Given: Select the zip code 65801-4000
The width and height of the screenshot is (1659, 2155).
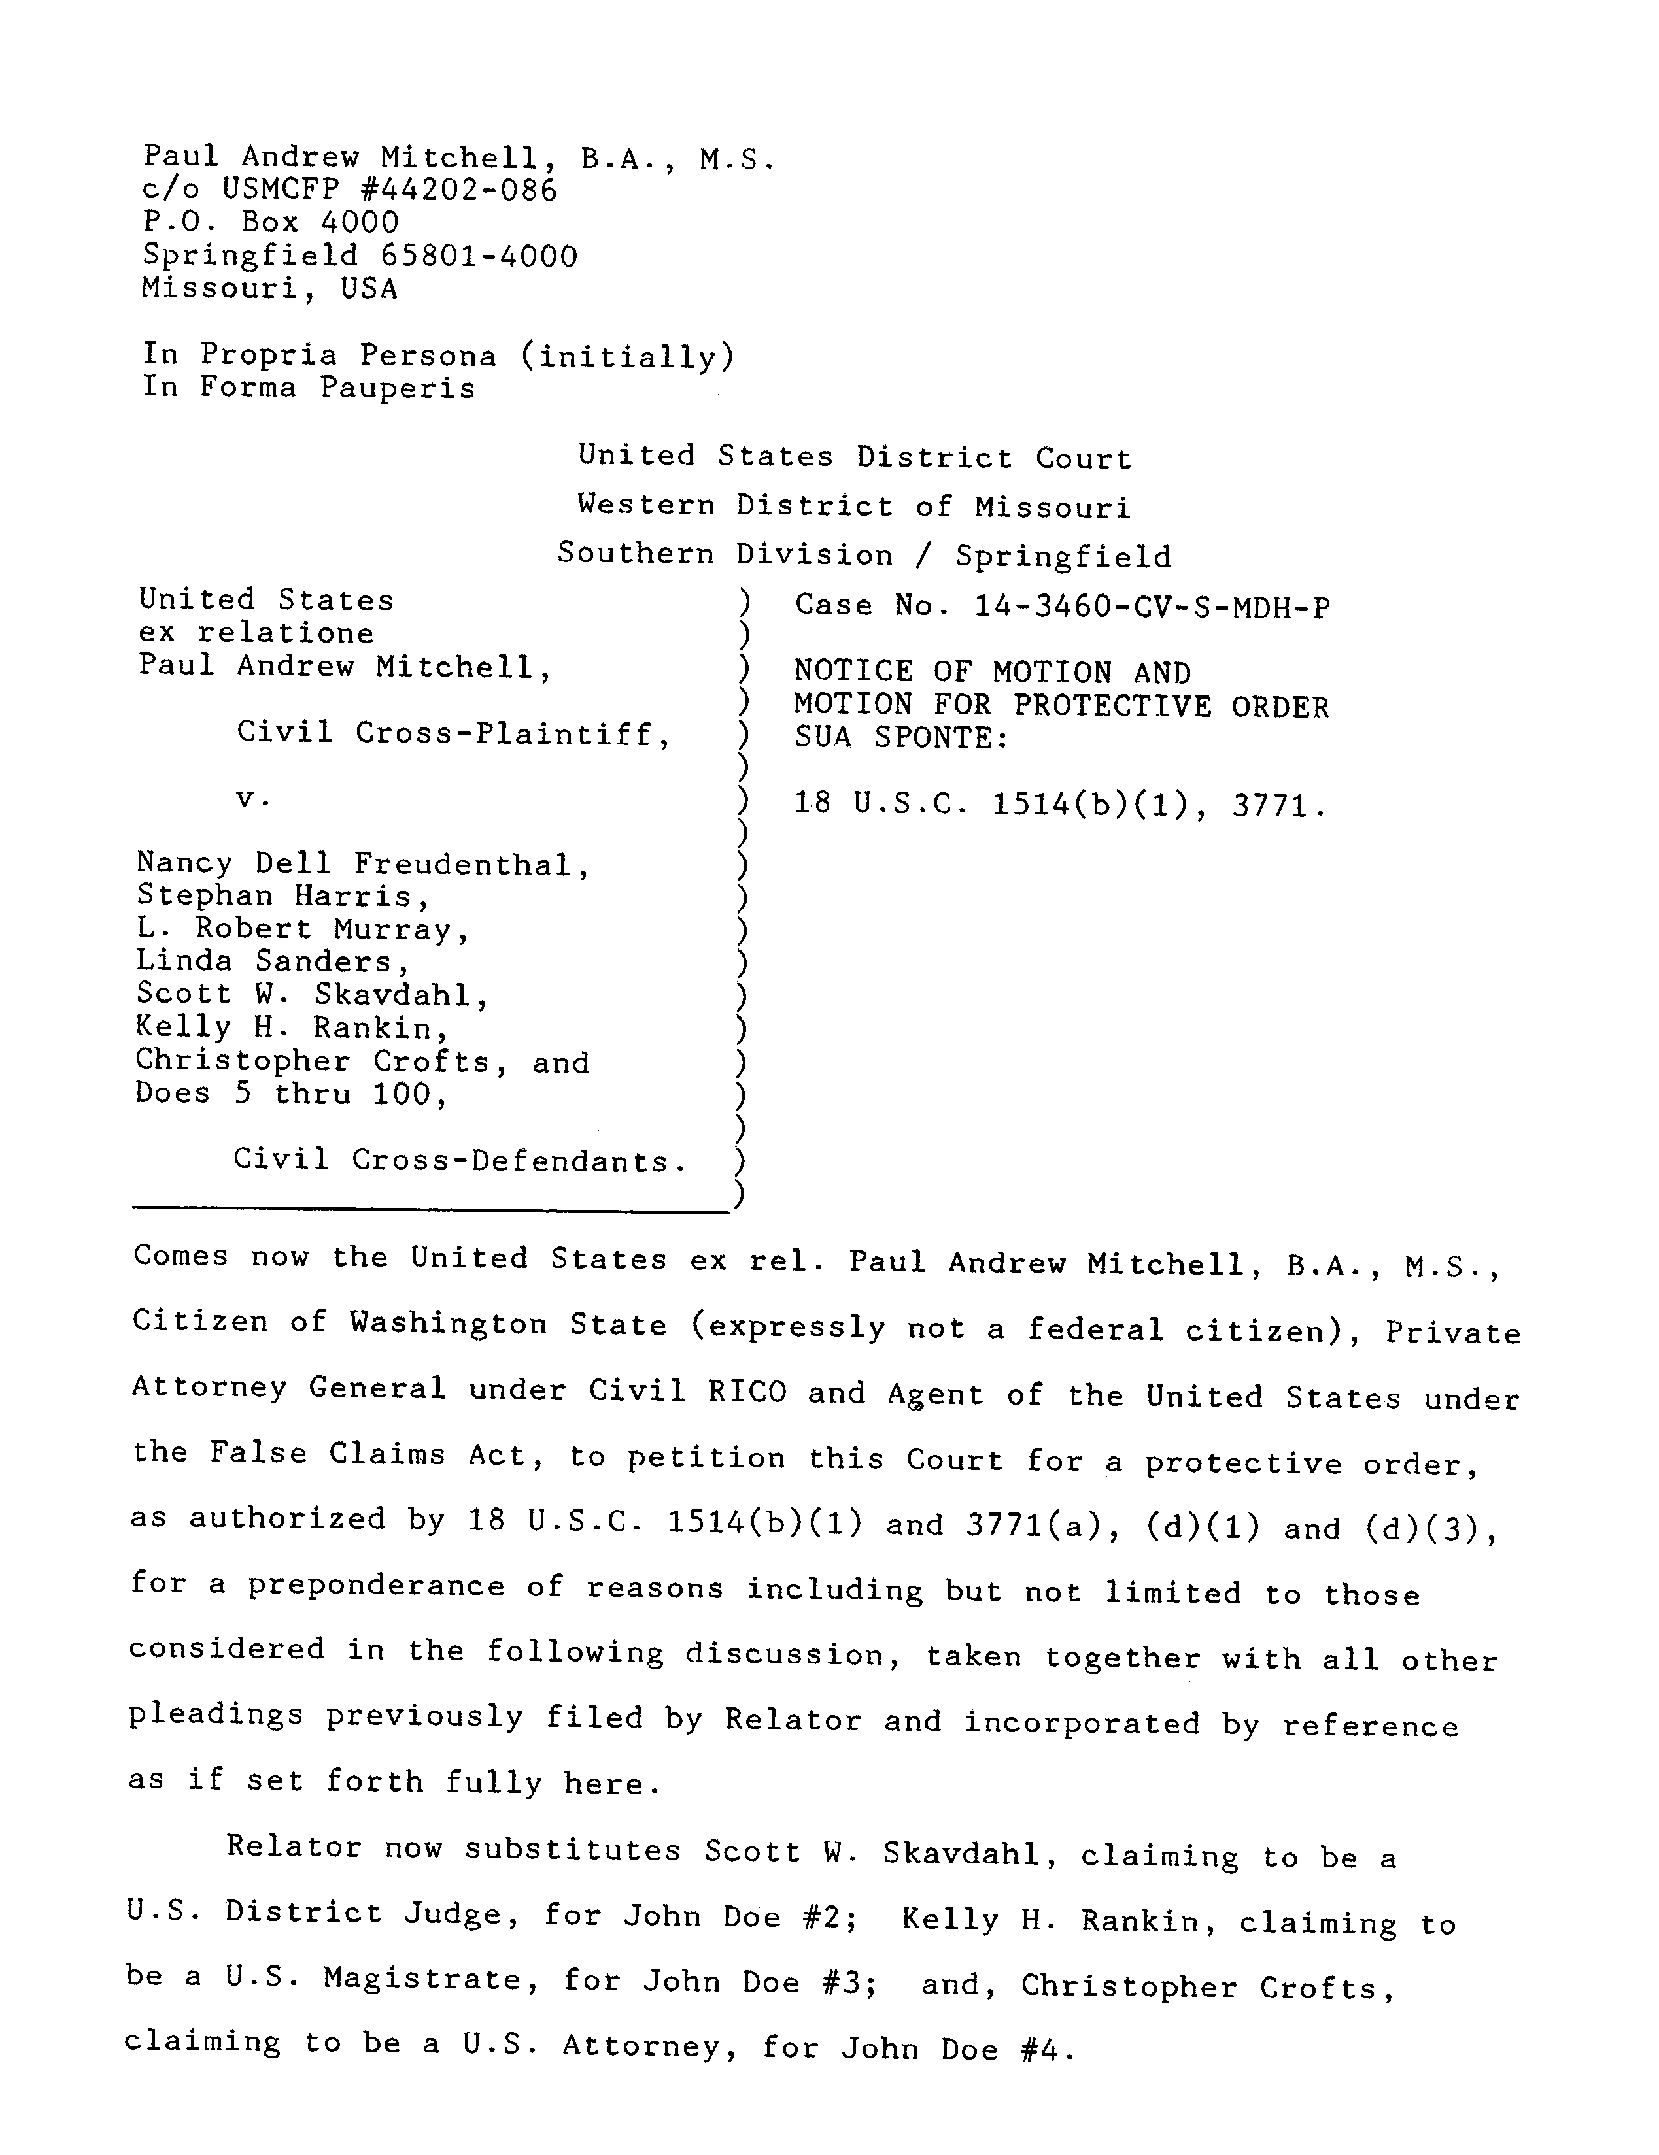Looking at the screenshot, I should [479, 256].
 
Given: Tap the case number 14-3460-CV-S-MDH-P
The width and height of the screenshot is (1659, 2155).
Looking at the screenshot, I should [1152, 607].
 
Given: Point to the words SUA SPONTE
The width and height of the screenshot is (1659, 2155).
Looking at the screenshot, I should [901, 737].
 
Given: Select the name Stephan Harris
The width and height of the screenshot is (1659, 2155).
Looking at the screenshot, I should [283, 896].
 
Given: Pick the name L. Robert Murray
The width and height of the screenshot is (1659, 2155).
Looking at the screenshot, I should [302, 929].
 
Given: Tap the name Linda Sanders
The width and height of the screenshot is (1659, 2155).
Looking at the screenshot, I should [273, 961].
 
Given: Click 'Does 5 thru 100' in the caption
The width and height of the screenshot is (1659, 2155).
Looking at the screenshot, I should [291, 1094].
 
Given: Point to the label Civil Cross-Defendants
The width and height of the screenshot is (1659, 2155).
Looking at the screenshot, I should [460, 1160].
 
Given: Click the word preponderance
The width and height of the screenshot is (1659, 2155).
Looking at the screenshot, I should [376, 1586].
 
